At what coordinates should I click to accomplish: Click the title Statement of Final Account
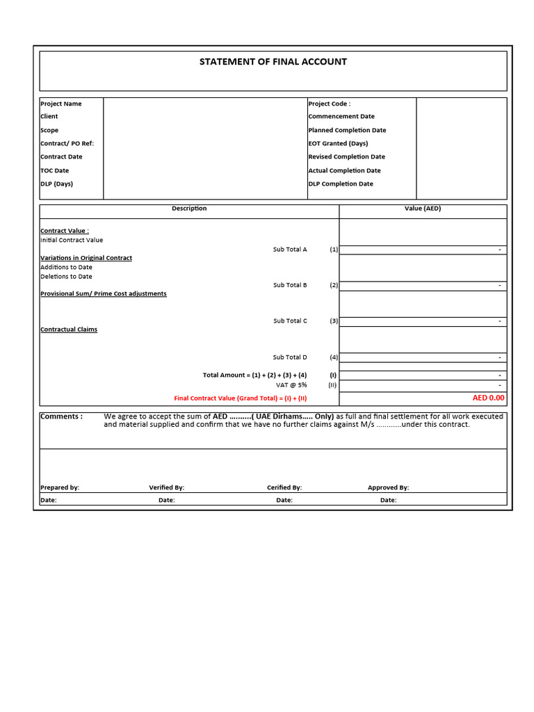pyautogui.click(x=273, y=62)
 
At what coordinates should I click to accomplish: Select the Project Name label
pyautogui.click(x=61, y=104)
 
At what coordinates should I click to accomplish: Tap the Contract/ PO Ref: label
pyautogui.click(x=67, y=143)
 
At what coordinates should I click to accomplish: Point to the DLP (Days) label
pyautogui.click(x=56, y=184)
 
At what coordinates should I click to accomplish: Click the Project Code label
pyautogui.click(x=329, y=104)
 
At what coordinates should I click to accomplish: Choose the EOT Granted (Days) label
pyautogui.click(x=338, y=143)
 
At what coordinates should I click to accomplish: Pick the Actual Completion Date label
pyautogui.click(x=344, y=170)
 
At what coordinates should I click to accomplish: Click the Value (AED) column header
pyautogui.click(x=423, y=209)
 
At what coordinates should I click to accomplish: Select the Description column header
pyautogui.click(x=189, y=209)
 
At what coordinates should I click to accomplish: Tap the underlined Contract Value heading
pyautogui.click(x=65, y=231)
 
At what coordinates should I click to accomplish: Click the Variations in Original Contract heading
pyautogui.click(x=86, y=258)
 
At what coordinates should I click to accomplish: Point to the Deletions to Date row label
pyautogui.click(x=66, y=276)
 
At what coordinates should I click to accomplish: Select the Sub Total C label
pyautogui.click(x=290, y=321)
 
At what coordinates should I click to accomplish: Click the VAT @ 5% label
pyautogui.click(x=291, y=385)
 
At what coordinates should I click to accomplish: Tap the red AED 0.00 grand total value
pyautogui.click(x=488, y=398)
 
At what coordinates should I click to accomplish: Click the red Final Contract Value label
pyautogui.click(x=240, y=398)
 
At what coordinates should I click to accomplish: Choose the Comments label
pyautogui.click(x=61, y=416)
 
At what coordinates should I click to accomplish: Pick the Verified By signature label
pyautogui.click(x=166, y=487)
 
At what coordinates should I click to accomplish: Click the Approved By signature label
pyautogui.click(x=388, y=487)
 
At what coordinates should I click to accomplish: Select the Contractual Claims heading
pyautogui.click(x=69, y=330)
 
